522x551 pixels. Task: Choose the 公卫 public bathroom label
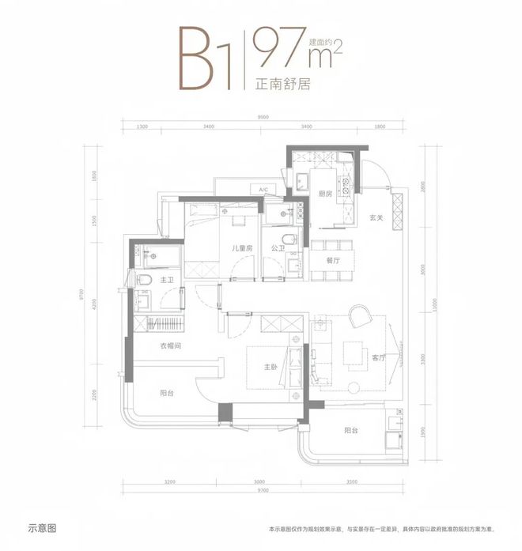click(277, 247)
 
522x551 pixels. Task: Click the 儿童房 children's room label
click(241, 247)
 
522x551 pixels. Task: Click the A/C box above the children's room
click(264, 190)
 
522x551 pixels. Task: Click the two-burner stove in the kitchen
click(346, 187)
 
